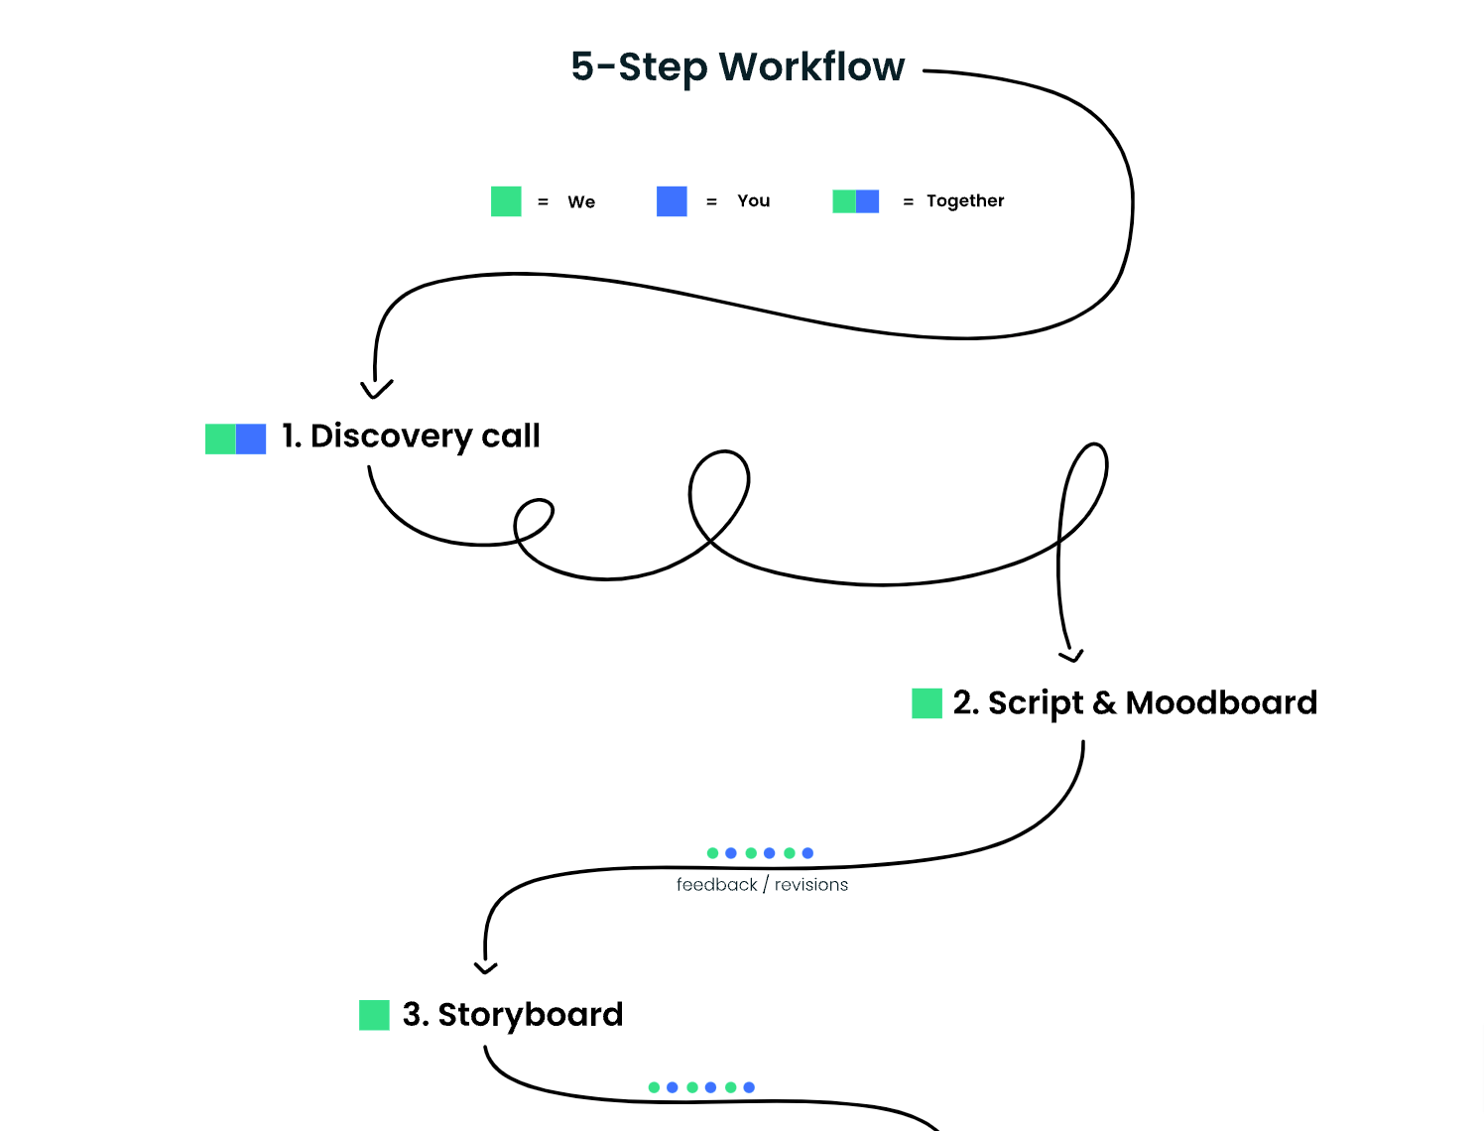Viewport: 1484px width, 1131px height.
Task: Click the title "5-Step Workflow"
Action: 737,67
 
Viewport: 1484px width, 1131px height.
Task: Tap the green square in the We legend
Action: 506,201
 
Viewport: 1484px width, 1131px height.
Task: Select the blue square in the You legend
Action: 672,201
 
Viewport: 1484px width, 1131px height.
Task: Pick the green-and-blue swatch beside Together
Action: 855,201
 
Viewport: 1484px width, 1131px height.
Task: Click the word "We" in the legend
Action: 581,202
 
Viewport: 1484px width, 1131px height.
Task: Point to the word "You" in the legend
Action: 753,201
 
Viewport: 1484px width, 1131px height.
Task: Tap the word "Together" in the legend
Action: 965,201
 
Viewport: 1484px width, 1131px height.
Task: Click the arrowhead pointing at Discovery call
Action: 376,389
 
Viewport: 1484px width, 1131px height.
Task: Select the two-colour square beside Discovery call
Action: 235,439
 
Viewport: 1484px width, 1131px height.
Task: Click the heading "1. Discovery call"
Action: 411,437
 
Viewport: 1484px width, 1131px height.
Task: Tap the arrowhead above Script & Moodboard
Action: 1071,655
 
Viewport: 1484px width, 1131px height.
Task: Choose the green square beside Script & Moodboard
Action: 927,703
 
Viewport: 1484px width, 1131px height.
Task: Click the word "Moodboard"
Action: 1221,703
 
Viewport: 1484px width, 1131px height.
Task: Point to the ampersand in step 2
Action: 1104,703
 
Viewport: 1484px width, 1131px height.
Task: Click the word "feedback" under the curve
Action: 716,885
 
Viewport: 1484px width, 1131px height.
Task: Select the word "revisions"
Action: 811,885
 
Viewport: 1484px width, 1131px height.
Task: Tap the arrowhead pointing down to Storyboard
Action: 485,966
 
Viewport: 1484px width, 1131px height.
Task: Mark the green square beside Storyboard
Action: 374,1015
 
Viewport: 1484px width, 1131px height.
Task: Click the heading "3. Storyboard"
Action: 513,1015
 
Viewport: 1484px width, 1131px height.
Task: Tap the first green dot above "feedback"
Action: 712,853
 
